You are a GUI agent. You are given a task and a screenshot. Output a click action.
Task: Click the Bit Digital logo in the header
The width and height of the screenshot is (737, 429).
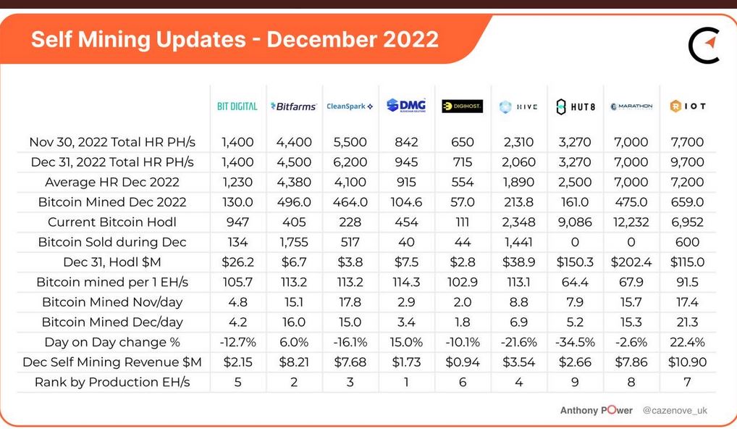click(x=237, y=107)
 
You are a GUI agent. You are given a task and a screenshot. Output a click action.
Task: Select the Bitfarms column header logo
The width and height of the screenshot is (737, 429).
click(x=293, y=107)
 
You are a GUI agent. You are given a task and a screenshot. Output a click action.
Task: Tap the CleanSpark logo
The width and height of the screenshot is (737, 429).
click(x=350, y=107)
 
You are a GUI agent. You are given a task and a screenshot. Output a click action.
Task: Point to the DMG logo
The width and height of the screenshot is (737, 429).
click(x=406, y=105)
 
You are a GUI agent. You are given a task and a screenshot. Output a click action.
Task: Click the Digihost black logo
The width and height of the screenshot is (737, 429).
click(x=463, y=107)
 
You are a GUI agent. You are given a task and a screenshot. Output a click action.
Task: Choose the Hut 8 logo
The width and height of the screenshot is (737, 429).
click(x=576, y=107)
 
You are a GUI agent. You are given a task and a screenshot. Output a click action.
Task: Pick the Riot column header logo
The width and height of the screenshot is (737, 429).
click(x=688, y=107)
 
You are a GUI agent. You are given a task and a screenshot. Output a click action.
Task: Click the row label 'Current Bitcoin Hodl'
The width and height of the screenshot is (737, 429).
click(x=112, y=222)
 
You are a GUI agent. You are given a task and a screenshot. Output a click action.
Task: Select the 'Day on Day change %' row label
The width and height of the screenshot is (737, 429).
click(x=112, y=342)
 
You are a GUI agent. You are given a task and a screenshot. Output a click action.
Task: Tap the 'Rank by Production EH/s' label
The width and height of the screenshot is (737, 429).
click(x=112, y=382)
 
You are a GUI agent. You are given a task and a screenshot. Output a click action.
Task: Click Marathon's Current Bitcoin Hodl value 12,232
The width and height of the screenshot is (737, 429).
click(x=631, y=222)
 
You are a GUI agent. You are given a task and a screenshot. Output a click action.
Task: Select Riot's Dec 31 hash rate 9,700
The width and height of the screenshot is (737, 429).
click(x=687, y=162)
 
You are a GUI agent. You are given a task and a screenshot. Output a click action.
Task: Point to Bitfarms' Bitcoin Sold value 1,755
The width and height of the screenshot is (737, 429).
click(x=294, y=242)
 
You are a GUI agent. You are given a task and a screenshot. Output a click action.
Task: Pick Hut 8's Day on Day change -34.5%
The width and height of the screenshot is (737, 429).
click(x=575, y=342)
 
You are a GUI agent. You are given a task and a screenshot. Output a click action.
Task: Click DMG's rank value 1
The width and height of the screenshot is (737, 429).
click(x=407, y=382)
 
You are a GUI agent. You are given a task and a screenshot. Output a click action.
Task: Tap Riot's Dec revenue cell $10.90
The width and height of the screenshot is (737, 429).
click(x=687, y=362)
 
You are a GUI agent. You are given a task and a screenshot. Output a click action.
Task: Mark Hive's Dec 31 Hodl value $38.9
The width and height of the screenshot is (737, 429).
click(x=518, y=262)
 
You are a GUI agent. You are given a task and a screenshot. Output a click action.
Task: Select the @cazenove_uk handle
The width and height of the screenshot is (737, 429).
click(x=675, y=410)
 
